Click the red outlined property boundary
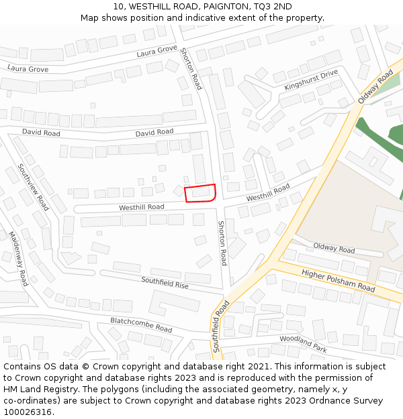click(200, 193)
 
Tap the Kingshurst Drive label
click(310, 79)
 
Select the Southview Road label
click(34, 187)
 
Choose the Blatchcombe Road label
click(141, 325)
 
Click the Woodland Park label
click(303, 344)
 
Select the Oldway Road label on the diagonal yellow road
click(375, 88)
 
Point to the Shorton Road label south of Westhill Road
click(222, 243)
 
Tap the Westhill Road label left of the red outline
click(142, 208)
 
